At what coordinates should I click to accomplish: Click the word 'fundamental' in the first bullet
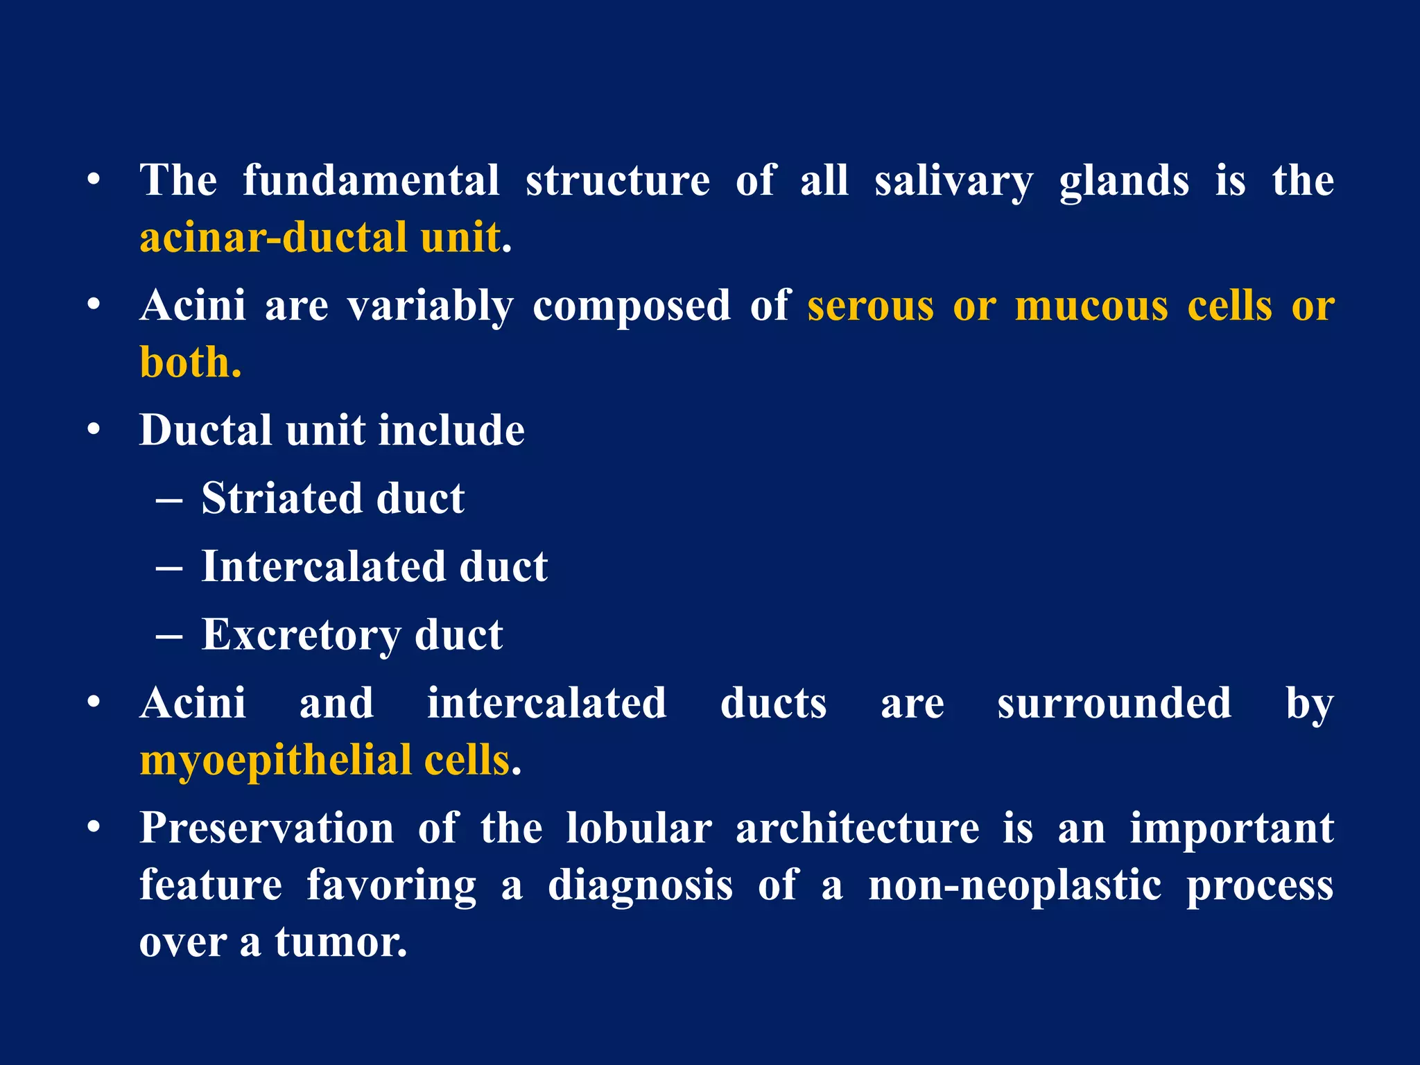371,181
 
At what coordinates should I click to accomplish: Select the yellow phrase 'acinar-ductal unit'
320,238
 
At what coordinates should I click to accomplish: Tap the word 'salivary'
953,182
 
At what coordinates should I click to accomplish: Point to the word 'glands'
1124,182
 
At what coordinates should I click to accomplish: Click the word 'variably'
430,306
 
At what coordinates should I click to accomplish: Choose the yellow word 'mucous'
1091,306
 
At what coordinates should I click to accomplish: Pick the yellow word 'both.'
191,363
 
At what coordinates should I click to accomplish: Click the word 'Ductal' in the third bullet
205,431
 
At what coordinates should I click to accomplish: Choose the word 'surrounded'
1114,704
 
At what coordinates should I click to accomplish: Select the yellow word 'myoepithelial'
276,761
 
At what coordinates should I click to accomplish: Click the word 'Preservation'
267,829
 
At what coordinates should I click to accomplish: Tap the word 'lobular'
639,829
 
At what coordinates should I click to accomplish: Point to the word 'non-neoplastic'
1015,886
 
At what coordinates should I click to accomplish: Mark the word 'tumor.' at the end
341,943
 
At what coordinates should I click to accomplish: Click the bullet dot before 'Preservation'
94,828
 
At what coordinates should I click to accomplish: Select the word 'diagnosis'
640,886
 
